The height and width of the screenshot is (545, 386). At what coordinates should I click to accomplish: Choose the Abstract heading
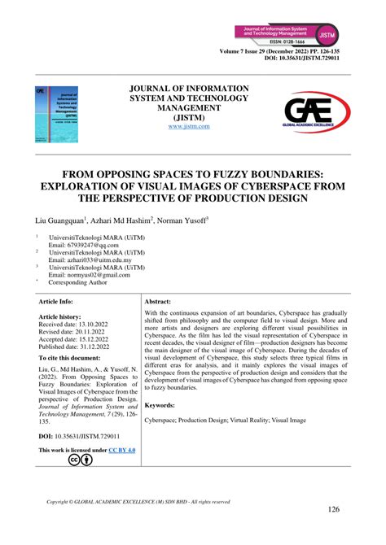163,301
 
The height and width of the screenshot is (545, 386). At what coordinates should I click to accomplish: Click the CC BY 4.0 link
123,450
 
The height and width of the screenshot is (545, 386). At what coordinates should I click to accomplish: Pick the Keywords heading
164,405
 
